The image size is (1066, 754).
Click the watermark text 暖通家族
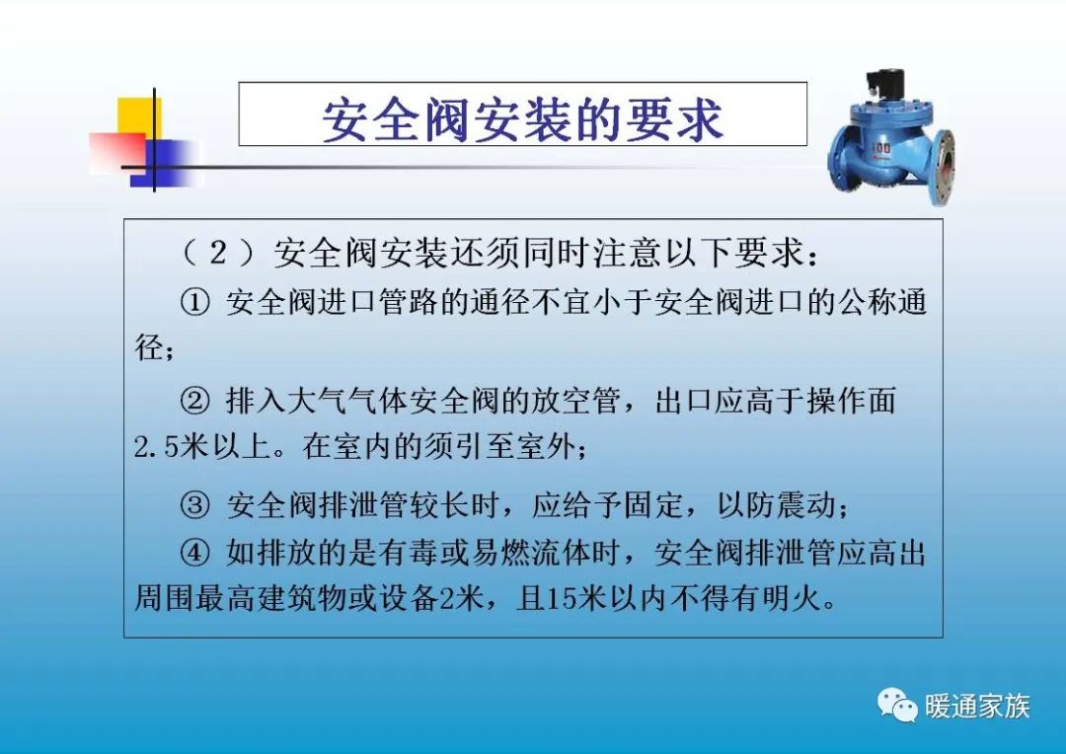tap(977, 707)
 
